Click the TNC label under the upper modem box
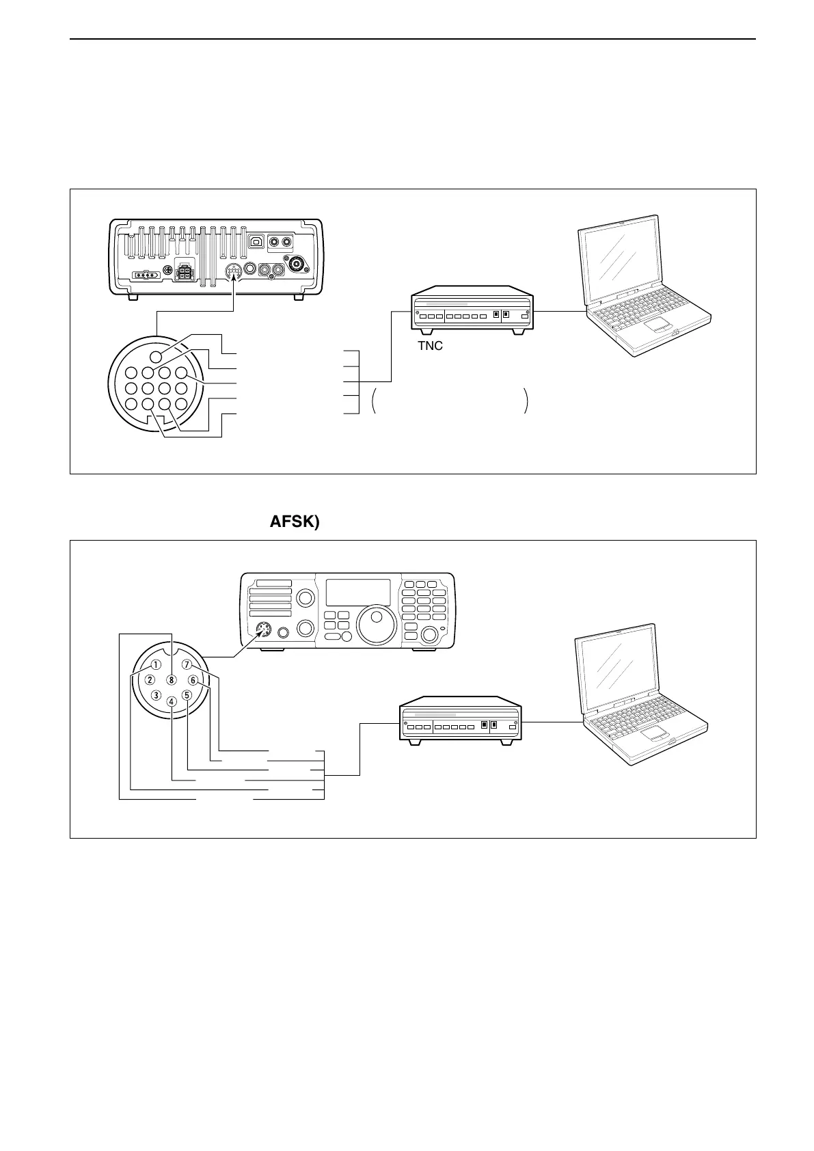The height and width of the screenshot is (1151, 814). [x=430, y=346]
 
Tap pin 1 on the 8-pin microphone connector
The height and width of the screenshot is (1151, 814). [x=156, y=664]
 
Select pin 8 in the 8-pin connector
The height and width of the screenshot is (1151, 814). [x=172, y=680]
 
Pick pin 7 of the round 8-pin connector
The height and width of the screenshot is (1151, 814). [x=187, y=664]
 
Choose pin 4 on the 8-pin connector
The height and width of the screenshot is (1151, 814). [x=172, y=700]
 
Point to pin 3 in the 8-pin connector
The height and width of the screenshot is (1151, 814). [x=157, y=695]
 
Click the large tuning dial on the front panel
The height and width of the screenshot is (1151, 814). [x=376, y=624]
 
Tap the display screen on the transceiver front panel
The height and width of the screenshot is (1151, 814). [x=357, y=592]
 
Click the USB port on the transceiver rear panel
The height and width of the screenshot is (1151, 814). [x=258, y=241]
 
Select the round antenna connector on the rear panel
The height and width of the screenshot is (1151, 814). [x=298, y=265]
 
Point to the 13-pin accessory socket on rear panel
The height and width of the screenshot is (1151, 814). [x=234, y=273]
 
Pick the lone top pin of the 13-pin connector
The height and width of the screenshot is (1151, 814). [x=157, y=356]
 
